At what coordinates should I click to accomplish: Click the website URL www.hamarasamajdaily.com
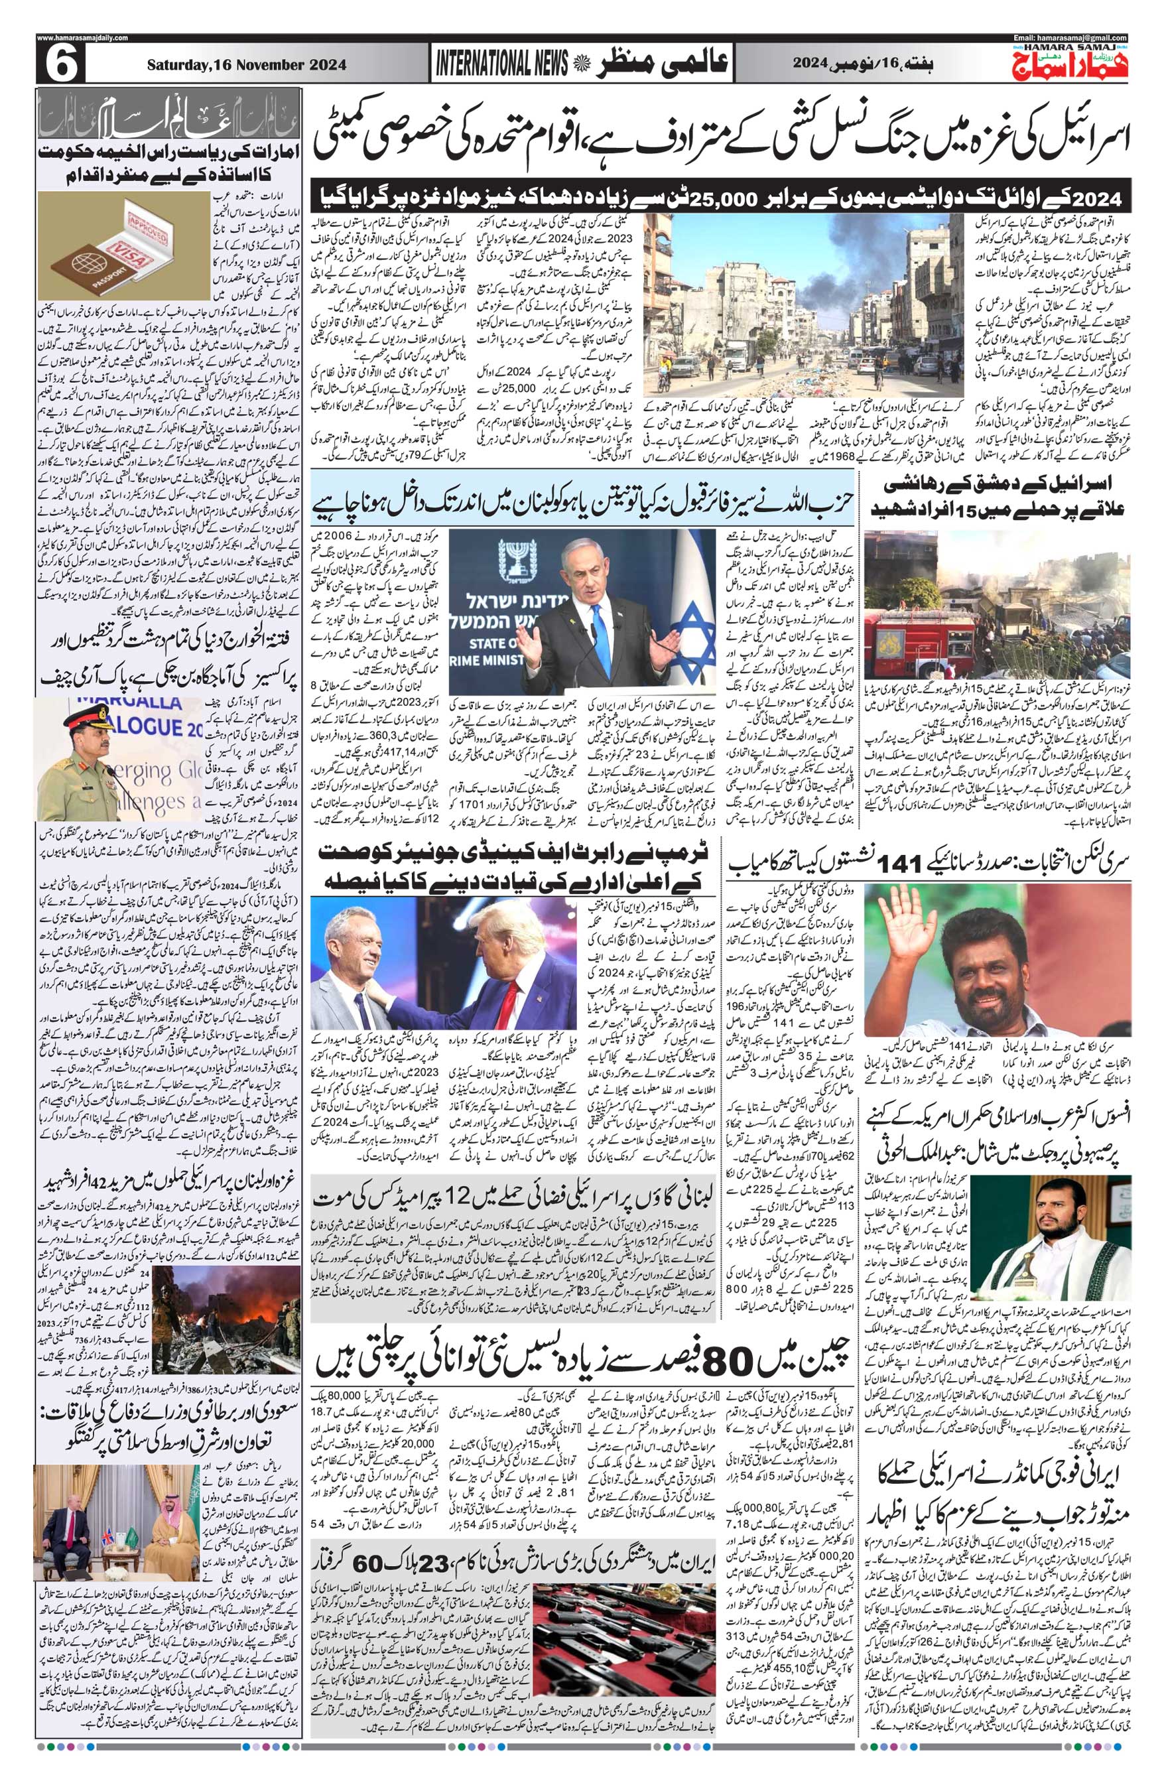point(82,38)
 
